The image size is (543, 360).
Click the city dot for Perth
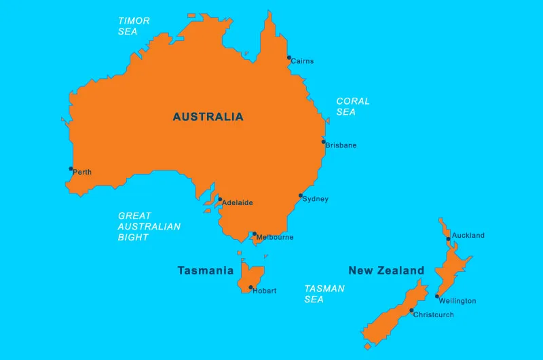coord(71,168)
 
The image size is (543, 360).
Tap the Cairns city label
coord(302,61)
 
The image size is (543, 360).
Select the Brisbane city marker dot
coord(324,142)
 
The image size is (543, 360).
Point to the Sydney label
coord(315,199)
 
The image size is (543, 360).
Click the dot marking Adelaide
coord(220,200)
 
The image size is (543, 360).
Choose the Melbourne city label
coord(275,238)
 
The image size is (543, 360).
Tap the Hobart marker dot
coord(250,287)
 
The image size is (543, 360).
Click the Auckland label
coord(468,236)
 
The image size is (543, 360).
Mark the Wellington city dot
coord(438,296)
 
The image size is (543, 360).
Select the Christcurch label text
coord(433,315)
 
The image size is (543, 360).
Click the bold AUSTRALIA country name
coord(208,117)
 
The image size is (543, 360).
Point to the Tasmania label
coord(206,270)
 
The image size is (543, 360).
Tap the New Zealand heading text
coord(386,270)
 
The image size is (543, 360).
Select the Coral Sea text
coord(353,106)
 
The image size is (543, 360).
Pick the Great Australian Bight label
coord(149,227)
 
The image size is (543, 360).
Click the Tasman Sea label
coord(324,293)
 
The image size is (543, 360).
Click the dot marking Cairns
coord(288,58)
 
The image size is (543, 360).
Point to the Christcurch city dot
coord(411,310)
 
